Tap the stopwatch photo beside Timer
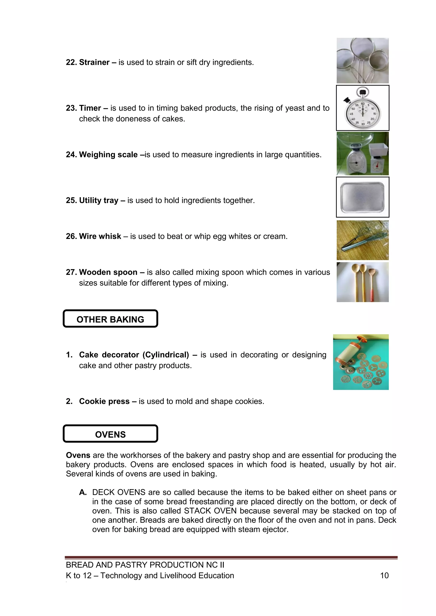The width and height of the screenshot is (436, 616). (362, 108)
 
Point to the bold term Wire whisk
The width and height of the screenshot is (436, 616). (100, 236)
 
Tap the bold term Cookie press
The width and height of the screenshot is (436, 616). (104, 401)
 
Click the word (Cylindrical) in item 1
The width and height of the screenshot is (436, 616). (166, 355)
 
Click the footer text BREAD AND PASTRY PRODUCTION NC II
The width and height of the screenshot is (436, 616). (145, 565)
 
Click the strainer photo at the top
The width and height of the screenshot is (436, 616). (362, 61)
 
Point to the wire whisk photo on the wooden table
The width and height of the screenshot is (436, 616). (362, 240)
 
